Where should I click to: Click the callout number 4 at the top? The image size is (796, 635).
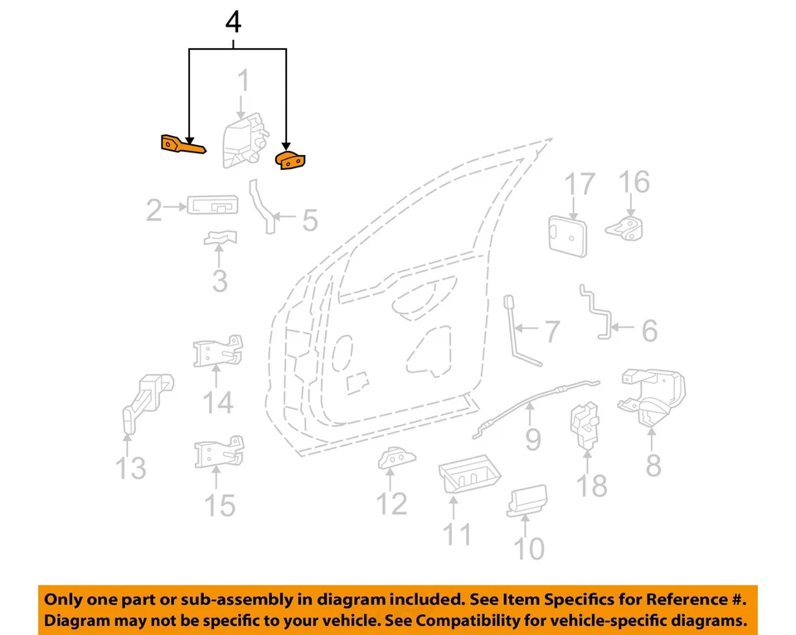[x=234, y=22]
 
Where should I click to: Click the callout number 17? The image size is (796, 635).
[x=580, y=184]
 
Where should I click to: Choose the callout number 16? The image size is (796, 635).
[x=634, y=182]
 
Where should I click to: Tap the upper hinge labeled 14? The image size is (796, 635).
[x=218, y=355]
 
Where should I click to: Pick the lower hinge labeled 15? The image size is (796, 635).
[x=218, y=453]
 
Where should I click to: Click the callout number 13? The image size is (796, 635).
[x=130, y=468]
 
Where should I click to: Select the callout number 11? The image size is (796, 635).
[x=455, y=534]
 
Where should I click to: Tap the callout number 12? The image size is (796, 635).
[x=391, y=503]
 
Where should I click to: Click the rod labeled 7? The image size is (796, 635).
[x=520, y=332]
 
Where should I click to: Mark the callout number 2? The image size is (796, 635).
[x=153, y=211]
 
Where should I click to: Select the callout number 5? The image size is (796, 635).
[x=309, y=220]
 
